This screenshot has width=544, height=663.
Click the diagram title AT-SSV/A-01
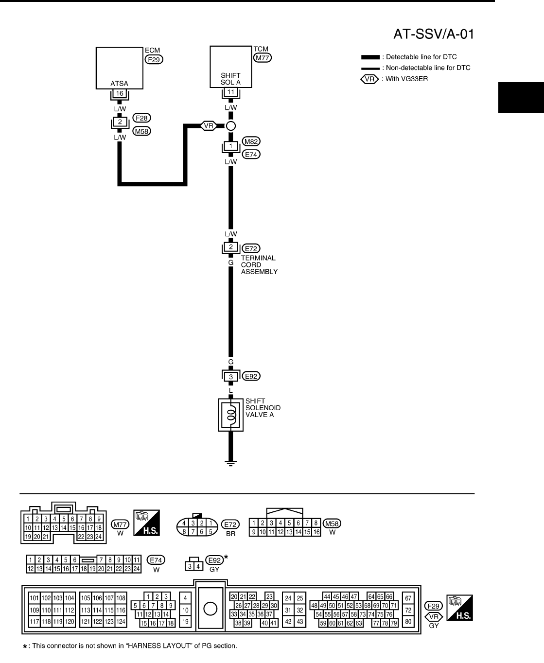[x=433, y=34]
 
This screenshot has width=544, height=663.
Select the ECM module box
[x=119, y=67]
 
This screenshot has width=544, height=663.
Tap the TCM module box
[x=230, y=66]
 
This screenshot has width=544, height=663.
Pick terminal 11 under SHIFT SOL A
[x=230, y=92]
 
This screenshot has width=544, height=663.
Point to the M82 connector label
[x=251, y=141]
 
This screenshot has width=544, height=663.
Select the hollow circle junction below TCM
[x=231, y=126]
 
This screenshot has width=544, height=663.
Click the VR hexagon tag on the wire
[x=209, y=126]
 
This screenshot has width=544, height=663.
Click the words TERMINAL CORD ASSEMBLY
[x=259, y=265]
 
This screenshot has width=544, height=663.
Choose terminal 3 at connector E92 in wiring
[x=231, y=377]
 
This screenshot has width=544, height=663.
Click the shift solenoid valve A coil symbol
[x=231, y=415]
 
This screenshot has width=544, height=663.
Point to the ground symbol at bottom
[x=231, y=463]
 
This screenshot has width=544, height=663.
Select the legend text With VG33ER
[x=406, y=79]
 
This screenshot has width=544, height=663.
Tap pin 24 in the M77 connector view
[x=98, y=537]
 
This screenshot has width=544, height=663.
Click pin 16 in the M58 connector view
[x=316, y=532]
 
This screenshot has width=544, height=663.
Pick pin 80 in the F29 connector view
[x=408, y=621]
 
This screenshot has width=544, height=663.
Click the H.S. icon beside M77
[x=146, y=523]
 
